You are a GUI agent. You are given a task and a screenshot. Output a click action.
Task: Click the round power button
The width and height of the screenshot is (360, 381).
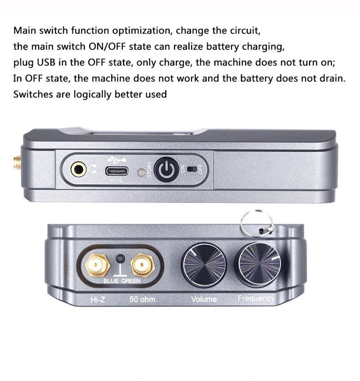(x=167, y=169)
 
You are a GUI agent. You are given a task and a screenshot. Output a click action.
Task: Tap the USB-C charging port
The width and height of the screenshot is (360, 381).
(x=117, y=171)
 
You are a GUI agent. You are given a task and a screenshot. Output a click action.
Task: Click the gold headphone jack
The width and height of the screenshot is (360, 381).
(x=78, y=169)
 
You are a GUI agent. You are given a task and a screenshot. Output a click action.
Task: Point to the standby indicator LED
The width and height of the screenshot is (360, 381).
(x=141, y=173)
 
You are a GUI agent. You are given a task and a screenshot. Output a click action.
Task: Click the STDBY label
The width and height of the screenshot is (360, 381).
(x=150, y=169)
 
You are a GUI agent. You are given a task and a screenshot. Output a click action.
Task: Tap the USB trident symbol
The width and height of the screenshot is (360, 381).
(x=117, y=159)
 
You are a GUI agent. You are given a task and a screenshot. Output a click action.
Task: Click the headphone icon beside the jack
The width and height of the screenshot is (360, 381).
(x=92, y=169)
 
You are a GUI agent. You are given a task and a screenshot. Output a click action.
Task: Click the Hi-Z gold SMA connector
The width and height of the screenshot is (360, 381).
(x=97, y=265)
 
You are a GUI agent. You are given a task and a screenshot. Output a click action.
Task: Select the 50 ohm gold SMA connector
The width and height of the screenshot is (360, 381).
(x=143, y=265)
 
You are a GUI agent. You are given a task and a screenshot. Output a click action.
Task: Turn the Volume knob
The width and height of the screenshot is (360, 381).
(x=204, y=265)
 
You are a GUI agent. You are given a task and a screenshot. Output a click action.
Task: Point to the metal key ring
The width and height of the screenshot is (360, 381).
(x=257, y=224)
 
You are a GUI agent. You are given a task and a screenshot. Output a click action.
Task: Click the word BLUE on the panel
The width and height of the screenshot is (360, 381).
(x=111, y=281)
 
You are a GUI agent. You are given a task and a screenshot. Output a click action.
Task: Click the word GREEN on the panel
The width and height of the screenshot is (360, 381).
(x=131, y=281)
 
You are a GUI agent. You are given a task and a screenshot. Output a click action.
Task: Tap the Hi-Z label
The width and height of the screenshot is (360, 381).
(x=98, y=299)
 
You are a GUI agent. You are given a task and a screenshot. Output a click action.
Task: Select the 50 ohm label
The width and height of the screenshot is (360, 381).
(x=142, y=299)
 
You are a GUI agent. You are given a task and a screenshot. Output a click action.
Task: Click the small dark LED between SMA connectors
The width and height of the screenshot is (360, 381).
(x=120, y=259)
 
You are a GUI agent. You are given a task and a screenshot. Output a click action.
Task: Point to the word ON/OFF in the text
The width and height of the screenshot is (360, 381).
(x=107, y=46)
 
